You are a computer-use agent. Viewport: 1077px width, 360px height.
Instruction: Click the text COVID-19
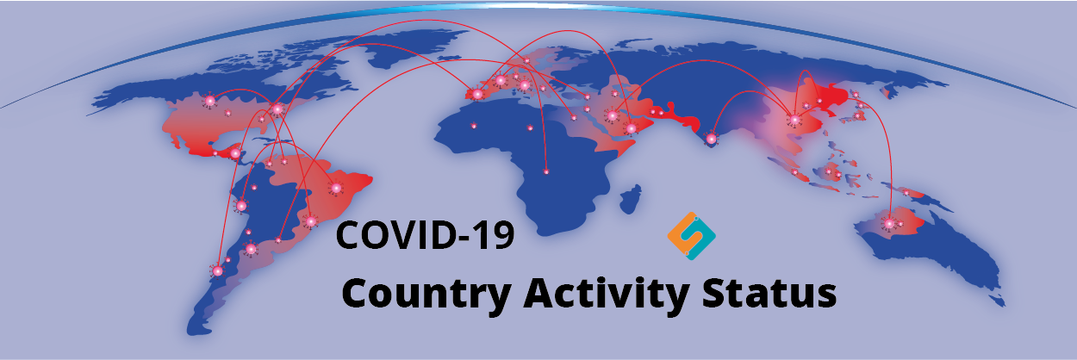point(425,234)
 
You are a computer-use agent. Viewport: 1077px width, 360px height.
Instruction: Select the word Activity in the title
point(607,293)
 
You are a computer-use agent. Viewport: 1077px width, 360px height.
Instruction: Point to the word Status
point(769,292)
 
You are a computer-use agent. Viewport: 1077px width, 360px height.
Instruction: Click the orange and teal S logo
point(691,236)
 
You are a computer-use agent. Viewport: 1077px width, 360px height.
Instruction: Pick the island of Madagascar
point(631,199)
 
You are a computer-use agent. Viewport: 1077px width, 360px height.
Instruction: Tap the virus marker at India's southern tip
point(711,140)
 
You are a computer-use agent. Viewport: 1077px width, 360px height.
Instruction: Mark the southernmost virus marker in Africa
point(545,171)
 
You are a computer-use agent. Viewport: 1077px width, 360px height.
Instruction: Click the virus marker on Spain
point(477,94)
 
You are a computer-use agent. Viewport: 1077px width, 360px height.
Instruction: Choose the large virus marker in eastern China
point(794,119)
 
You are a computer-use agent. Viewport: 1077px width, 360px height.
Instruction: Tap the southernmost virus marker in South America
point(218,271)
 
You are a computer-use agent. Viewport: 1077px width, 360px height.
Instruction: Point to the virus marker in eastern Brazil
point(336,188)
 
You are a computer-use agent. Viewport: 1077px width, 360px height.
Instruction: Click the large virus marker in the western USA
point(209,101)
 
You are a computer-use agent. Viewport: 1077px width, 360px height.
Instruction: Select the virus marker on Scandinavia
point(526,60)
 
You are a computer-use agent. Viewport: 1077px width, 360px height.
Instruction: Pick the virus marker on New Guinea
point(906,192)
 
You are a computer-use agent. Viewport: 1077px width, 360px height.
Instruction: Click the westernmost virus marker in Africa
point(474,126)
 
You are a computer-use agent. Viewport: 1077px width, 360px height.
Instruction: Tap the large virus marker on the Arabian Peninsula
point(632,128)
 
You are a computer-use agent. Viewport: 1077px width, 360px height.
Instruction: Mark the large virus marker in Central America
point(235,153)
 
